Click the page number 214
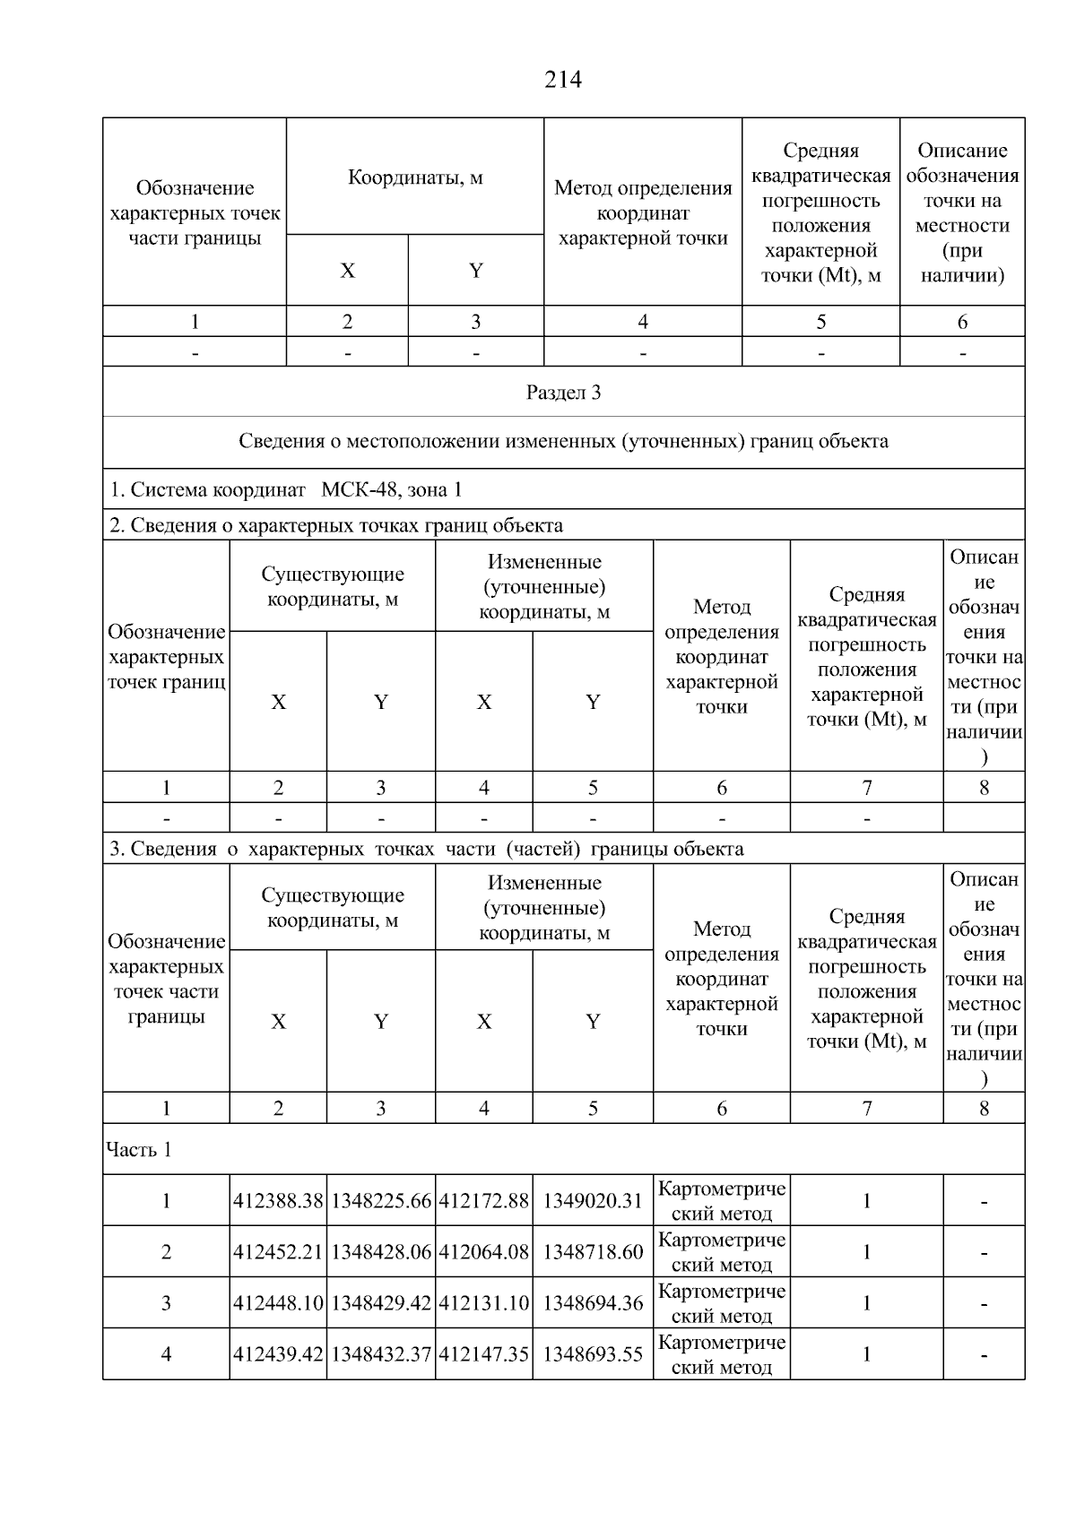562,81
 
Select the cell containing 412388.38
278,1201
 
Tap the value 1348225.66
381,1201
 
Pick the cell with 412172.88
484,1201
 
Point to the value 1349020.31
593,1201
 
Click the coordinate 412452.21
278,1252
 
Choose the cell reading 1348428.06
381,1252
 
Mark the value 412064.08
484,1252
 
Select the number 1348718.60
593,1252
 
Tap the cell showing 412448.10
278,1303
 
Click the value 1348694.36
593,1303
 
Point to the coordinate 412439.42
278,1354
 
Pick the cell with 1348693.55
593,1354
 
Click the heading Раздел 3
563,393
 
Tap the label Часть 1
139,1150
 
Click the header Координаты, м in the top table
415,177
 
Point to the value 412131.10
484,1303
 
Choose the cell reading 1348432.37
381,1354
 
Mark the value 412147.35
484,1354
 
